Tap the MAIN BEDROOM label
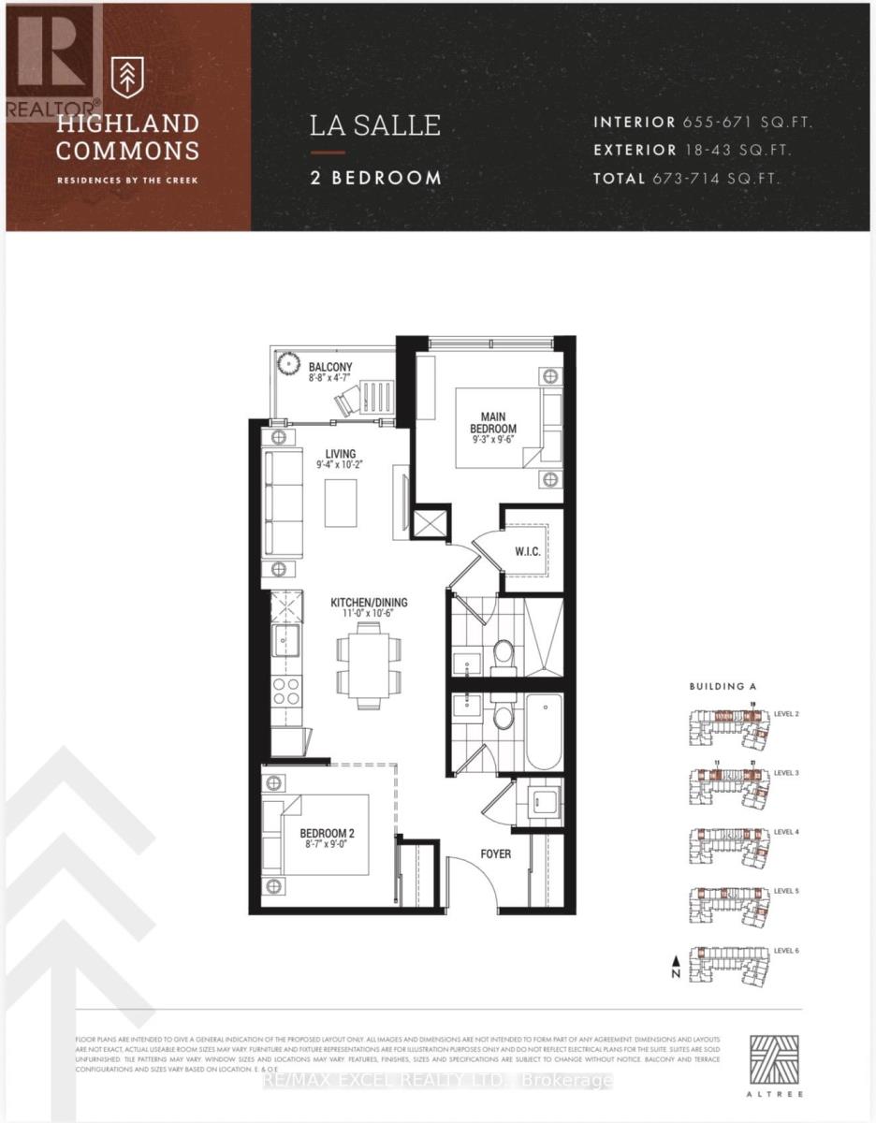(493, 422)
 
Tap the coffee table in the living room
(341, 503)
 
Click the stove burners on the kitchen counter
(285, 693)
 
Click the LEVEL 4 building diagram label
(786, 832)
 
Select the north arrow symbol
(673, 965)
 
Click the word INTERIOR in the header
(634, 122)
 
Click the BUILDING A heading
(723, 686)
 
